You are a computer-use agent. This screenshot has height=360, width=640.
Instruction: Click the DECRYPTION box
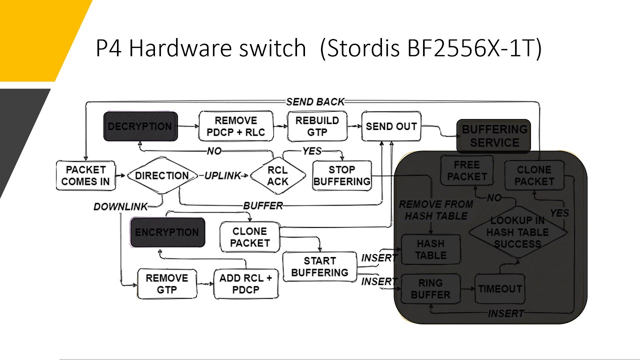[140, 126]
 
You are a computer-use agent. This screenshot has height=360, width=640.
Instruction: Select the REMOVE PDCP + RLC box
[236, 126]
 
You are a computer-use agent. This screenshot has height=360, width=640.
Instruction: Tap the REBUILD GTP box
[317, 126]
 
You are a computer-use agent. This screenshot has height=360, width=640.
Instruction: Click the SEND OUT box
[391, 126]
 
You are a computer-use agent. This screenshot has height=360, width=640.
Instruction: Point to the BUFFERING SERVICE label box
[494, 136]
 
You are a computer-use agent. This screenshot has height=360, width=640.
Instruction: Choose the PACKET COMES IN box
[85, 175]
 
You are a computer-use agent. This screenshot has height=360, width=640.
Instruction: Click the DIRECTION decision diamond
[161, 175]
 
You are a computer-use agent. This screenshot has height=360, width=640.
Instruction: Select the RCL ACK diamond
[277, 176]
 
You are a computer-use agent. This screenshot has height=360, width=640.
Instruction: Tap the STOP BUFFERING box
[342, 175]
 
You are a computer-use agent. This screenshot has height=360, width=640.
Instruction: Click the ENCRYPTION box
[167, 232]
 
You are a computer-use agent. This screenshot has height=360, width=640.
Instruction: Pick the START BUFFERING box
[319, 266]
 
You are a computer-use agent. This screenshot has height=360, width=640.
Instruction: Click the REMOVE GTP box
[167, 284]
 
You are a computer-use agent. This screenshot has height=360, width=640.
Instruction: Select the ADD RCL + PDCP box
[245, 284]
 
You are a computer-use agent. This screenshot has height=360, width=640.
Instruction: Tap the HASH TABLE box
[430, 249]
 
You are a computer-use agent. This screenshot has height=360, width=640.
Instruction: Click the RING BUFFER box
[430, 288]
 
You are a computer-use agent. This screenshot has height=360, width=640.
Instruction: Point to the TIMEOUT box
[499, 288]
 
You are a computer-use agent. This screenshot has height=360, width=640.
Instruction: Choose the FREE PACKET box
[467, 171]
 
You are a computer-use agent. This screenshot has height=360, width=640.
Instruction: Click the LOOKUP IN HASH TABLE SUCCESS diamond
[517, 232]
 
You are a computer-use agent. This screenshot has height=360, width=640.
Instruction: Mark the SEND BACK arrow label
[315, 102]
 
